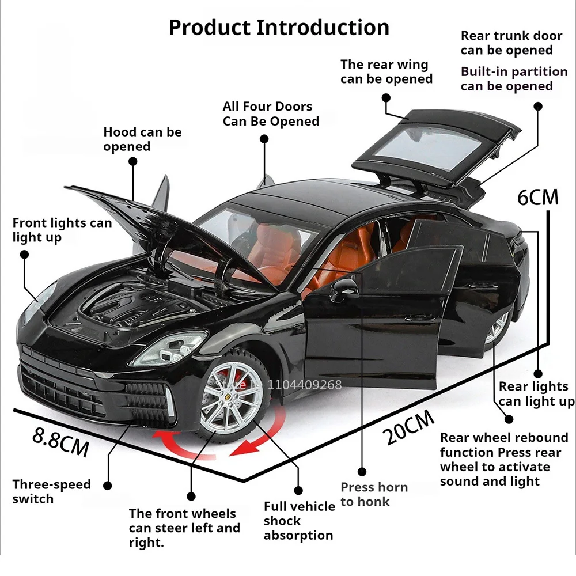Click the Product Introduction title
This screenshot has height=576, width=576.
click(x=279, y=27)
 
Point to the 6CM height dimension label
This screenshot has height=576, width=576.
click(x=538, y=197)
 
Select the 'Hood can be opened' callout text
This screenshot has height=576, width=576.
click(x=142, y=139)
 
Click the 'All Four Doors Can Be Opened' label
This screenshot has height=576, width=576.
click(x=271, y=113)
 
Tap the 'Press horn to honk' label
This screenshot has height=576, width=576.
click(x=374, y=494)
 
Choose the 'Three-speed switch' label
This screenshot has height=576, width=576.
click(x=52, y=491)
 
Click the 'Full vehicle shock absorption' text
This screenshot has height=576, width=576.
click(x=299, y=521)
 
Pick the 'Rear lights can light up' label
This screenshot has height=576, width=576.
click(x=536, y=393)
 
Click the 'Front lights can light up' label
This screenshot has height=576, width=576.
click(x=62, y=230)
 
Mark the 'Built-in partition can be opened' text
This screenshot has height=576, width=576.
click(x=514, y=79)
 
